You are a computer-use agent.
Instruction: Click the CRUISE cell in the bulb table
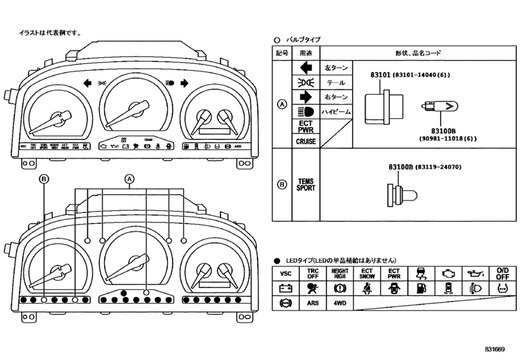(306, 141)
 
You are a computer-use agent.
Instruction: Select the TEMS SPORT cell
(306, 185)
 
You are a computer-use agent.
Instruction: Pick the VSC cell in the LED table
(286, 274)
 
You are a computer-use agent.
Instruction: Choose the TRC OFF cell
(313, 274)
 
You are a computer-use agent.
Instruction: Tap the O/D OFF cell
(502, 274)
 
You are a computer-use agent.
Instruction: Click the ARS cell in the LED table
(313, 302)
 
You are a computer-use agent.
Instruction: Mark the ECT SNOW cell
(366, 274)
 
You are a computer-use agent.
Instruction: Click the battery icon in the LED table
(286, 288)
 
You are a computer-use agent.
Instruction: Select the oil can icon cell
(475, 274)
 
